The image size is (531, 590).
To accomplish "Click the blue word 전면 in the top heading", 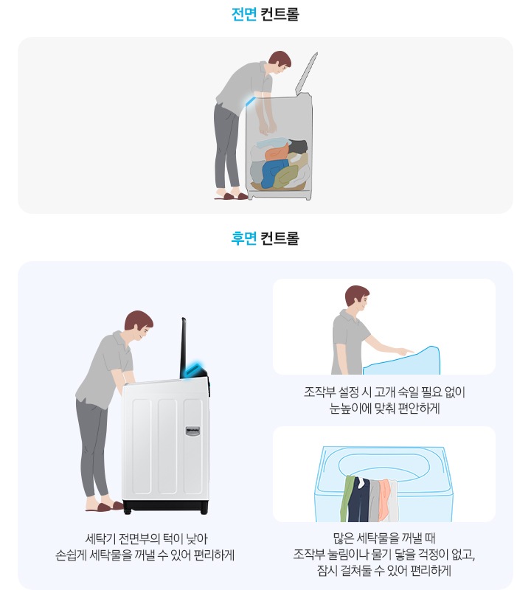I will tap(243, 14).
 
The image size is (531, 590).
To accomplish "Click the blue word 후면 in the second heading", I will tap(243, 239).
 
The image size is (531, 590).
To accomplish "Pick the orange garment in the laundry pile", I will tap(277, 153).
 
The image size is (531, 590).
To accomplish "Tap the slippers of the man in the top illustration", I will tap(232, 195).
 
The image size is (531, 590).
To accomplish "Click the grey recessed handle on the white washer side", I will tap(194, 429).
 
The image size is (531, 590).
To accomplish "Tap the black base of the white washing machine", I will tap(166, 507).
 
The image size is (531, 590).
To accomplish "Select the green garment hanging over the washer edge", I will tap(347, 497).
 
